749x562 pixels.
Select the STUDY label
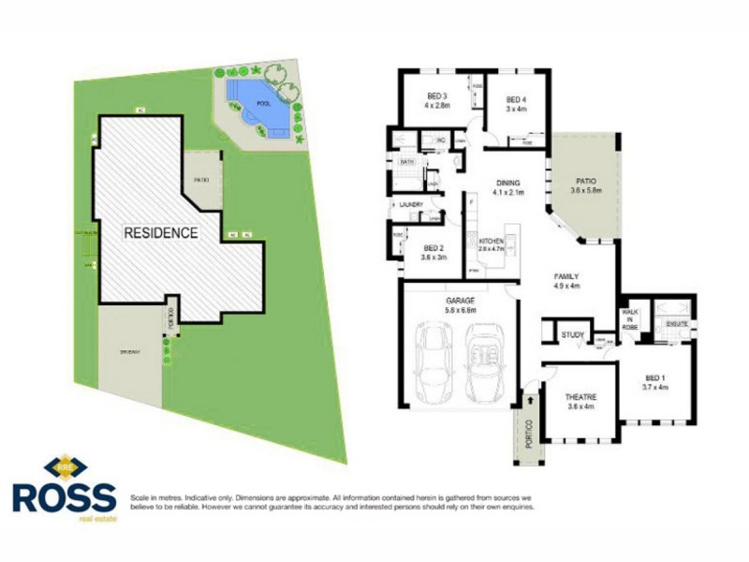pos(571,334)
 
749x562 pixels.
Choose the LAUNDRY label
pos(411,204)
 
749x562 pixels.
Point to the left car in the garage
pos(434,361)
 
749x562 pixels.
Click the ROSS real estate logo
pos(64,487)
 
